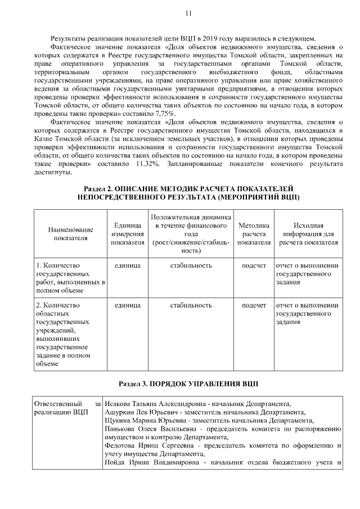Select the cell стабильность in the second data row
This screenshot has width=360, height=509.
click(x=191, y=305)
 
